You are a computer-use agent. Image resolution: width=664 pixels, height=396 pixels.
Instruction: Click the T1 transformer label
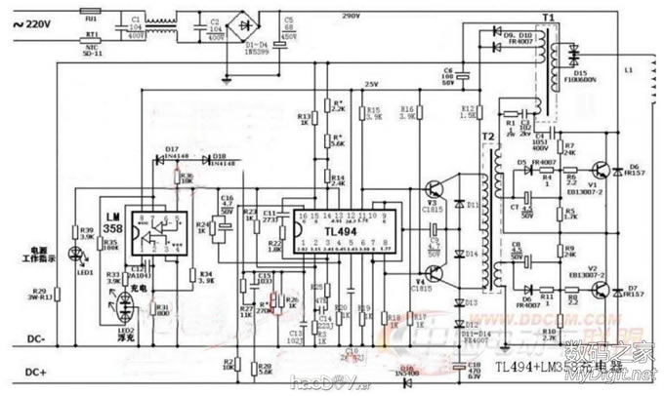[x=548, y=18]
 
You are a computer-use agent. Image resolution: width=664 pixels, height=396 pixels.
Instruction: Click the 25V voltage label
[x=370, y=83]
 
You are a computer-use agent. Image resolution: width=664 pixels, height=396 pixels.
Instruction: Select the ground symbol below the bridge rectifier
[x=227, y=76]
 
